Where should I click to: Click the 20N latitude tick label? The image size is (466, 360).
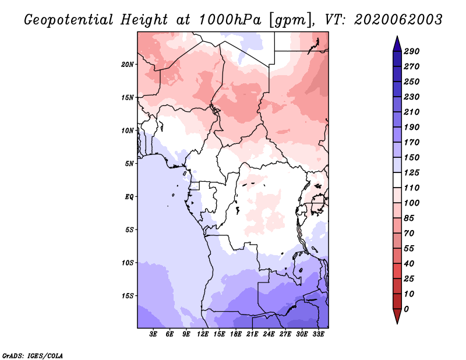click(127, 65)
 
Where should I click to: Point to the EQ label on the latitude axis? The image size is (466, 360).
click(129, 196)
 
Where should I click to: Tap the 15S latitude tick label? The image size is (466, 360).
click(127, 296)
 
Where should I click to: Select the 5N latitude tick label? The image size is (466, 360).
click(129, 164)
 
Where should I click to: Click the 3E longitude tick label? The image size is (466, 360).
click(153, 334)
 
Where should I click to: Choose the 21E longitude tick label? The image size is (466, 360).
click(252, 334)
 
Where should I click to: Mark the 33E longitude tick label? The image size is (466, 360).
click(318, 334)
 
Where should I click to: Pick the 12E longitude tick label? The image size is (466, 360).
click(203, 334)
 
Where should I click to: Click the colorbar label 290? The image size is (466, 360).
click(412, 51)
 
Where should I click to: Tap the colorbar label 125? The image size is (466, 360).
click(412, 172)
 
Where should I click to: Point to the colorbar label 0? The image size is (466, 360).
click(406, 309)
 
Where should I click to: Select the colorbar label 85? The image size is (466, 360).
click(409, 218)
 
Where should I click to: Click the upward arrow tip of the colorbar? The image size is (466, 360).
click(397, 36)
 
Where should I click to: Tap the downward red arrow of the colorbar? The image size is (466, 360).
click(397, 316)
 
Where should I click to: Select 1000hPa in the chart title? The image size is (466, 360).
click(230, 20)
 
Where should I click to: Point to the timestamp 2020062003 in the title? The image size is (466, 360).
click(398, 20)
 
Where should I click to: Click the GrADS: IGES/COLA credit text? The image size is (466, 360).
click(33, 355)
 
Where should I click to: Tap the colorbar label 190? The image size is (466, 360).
click(412, 127)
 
